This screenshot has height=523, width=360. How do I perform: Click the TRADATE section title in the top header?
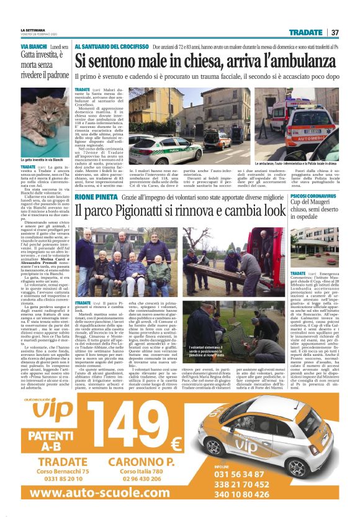(x=305, y=32)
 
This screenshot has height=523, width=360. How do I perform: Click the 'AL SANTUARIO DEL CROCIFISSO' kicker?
(x=112, y=47)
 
